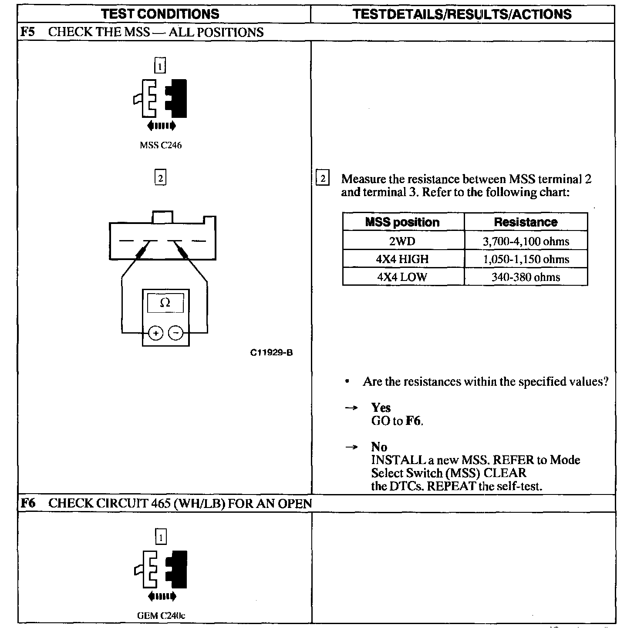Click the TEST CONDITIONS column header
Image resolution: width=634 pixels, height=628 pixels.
coord(160,14)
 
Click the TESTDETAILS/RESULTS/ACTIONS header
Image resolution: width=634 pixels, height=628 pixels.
coord(462,14)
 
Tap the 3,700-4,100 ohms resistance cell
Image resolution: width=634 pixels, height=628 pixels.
coord(526,241)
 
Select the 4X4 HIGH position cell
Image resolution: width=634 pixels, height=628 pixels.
coord(402,259)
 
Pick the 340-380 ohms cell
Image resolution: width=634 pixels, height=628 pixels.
coord(526,277)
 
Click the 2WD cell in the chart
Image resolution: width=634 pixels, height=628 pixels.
coord(402,241)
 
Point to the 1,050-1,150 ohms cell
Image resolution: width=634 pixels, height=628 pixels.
coord(526,259)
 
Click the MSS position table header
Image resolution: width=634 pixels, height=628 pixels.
coord(402,222)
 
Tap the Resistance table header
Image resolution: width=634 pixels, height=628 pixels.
coord(526,222)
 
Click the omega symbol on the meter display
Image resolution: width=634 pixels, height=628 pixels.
coord(165,303)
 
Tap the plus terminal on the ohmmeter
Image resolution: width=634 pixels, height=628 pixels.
coord(156,333)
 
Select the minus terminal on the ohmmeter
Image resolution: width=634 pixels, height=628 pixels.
coord(176,333)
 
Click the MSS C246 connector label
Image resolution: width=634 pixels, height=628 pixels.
coord(160,145)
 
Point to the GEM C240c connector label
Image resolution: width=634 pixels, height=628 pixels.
coord(160,615)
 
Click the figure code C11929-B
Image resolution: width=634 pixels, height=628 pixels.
coord(271,353)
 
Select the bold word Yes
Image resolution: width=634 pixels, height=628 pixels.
coord(381,408)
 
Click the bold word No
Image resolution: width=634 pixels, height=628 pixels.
coord(379,447)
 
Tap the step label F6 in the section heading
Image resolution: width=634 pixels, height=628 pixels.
coord(28,503)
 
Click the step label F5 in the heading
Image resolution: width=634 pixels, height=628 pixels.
coord(27,32)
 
